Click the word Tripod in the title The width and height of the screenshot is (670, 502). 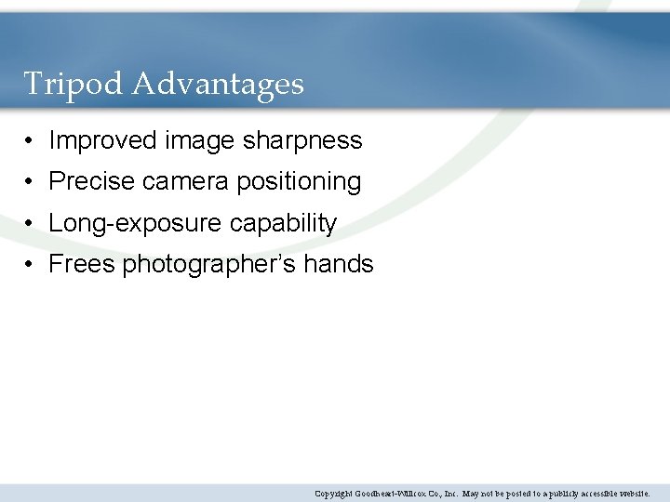[74, 85]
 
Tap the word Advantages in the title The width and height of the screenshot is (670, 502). [218, 85]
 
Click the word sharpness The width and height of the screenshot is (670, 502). [302, 140]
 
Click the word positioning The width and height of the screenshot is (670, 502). [299, 182]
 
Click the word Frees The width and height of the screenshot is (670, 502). [82, 264]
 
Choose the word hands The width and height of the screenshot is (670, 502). [340, 264]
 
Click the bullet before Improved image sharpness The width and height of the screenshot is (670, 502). [31, 141]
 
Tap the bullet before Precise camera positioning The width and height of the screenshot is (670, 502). [31, 182]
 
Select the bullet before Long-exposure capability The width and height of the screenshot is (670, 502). [31, 224]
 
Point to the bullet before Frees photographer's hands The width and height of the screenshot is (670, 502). [31, 265]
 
